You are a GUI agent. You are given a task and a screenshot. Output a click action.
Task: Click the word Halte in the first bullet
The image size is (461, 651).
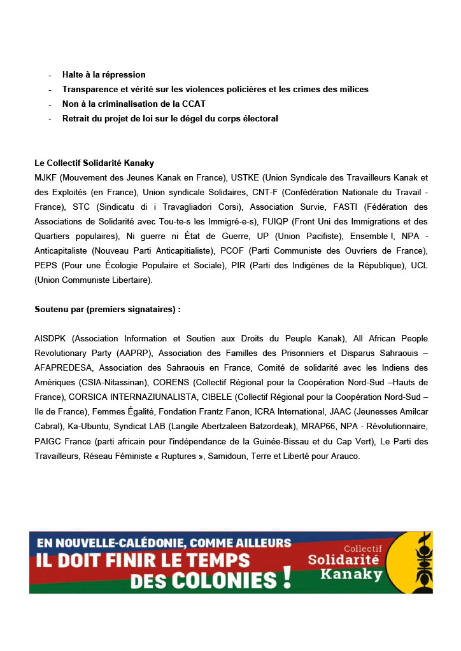point(73,75)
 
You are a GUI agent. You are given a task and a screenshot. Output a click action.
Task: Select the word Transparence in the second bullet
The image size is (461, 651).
point(90,90)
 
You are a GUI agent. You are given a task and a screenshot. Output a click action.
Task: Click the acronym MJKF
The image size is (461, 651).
point(45,177)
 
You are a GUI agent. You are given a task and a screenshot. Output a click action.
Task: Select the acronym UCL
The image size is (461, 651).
point(419,265)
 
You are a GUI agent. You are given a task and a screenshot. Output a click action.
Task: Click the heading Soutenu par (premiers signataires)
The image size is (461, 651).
point(108,310)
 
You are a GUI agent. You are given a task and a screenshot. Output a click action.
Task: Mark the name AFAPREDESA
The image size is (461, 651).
point(64,367)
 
